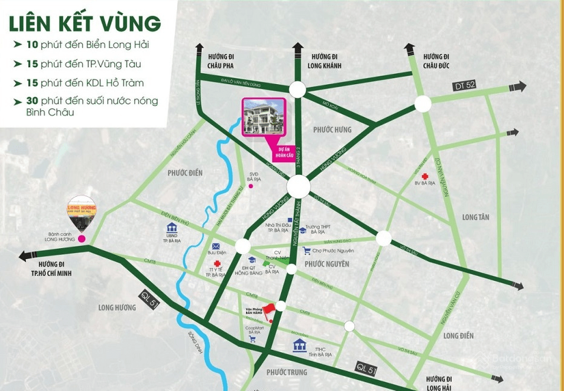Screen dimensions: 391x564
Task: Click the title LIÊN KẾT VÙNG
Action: [x=85, y=24]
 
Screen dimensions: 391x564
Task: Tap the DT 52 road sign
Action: [x=464, y=86]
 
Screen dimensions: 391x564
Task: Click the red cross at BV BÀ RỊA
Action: [x=425, y=176]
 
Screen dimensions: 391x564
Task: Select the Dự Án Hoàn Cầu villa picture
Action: [x=263, y=116]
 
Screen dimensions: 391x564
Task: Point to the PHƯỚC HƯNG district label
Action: [x=332, y=130]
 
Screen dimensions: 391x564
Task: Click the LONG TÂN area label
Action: [x=475, y=217]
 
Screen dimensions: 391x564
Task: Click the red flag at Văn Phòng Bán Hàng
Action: [x=269, y=307]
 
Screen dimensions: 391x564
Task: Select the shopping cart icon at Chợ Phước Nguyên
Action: [x=306, y=251]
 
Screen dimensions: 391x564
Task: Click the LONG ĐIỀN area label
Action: [x=458, y=336]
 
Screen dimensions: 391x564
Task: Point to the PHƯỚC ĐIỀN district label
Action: [x=185, y=173]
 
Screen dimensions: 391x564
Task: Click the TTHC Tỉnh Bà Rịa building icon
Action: [x=299, y=346]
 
